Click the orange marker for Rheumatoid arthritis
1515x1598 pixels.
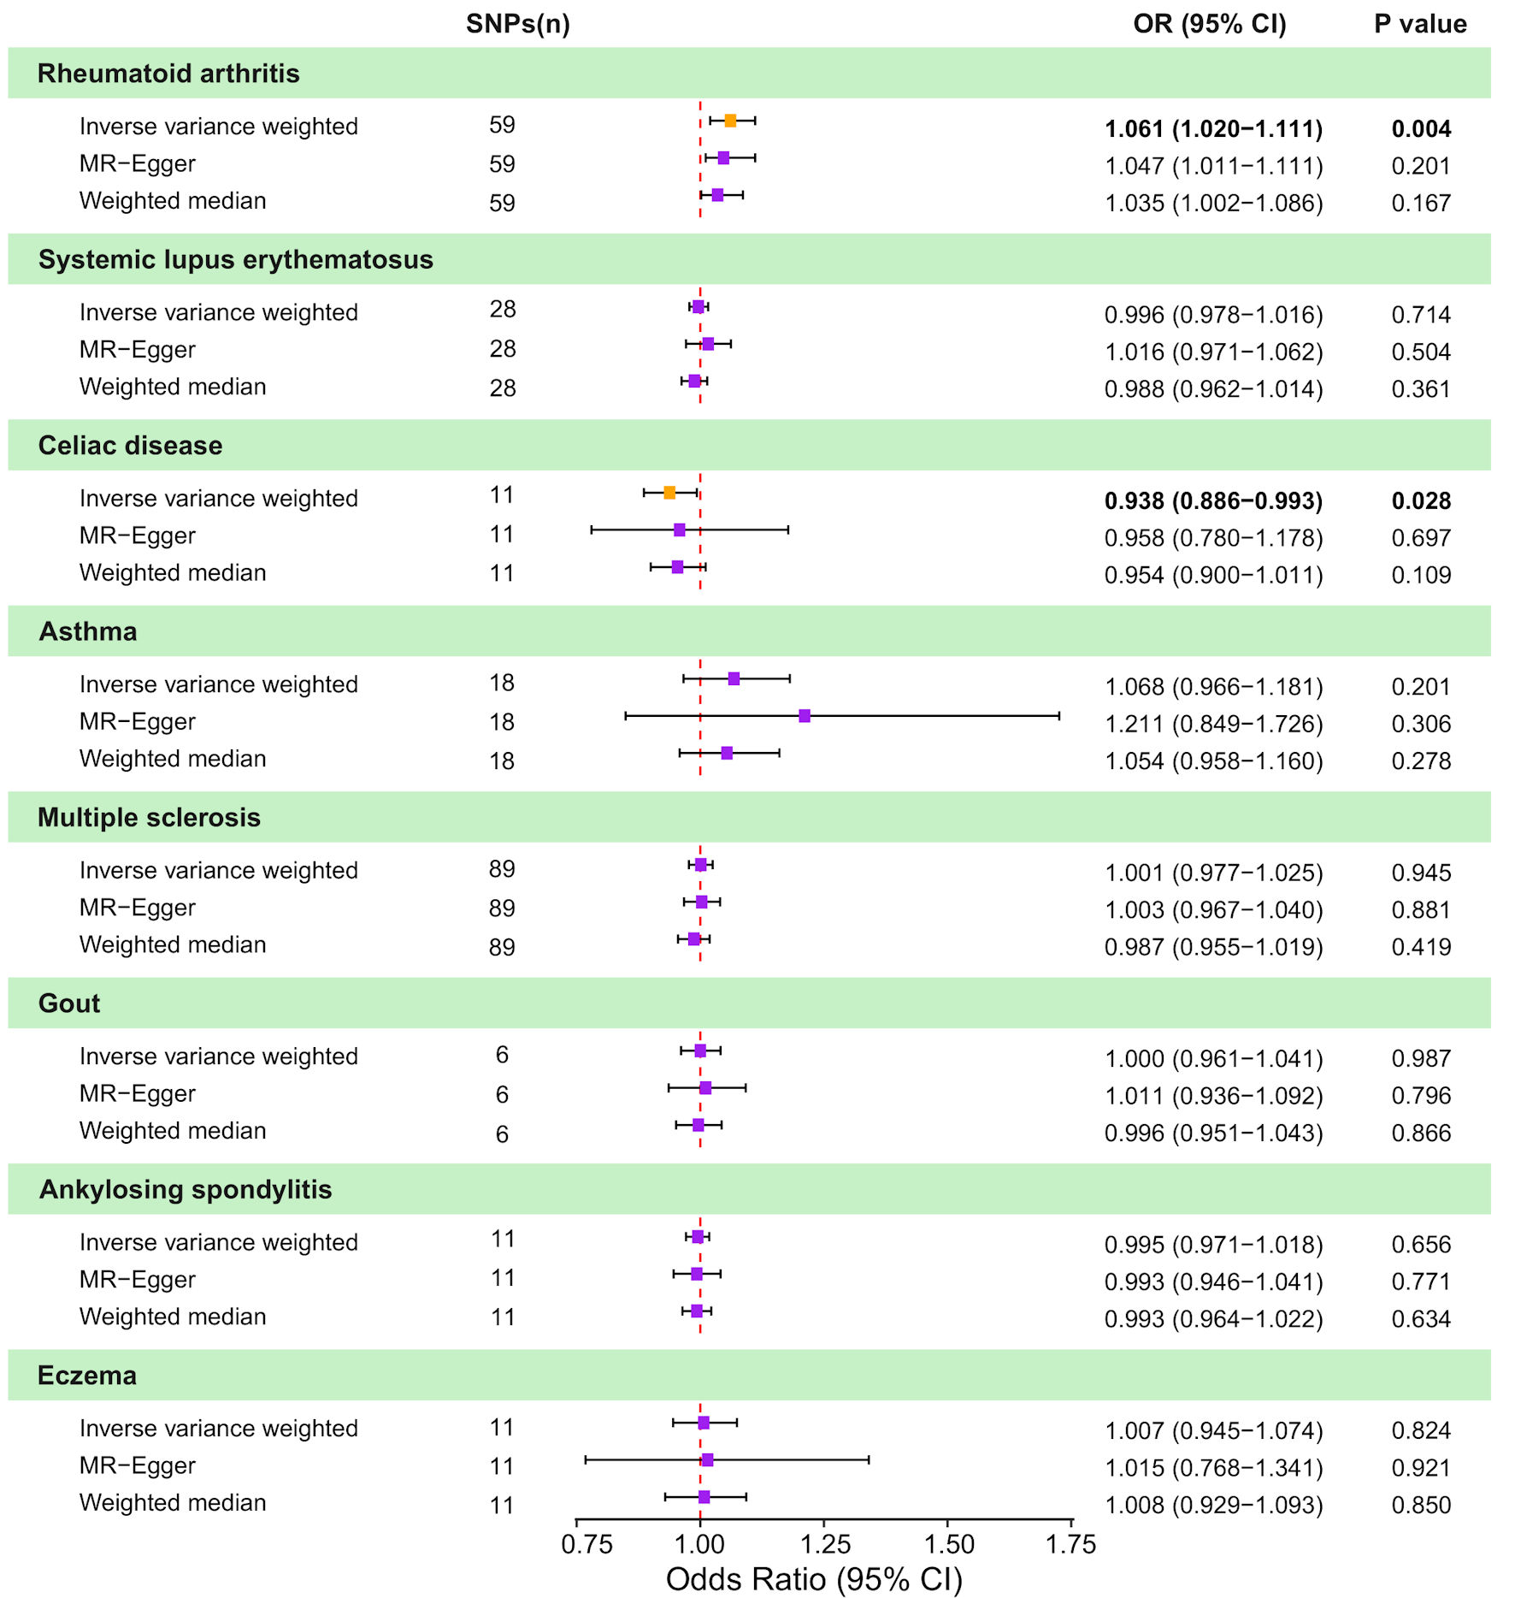730,121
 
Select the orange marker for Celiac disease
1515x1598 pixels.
669,493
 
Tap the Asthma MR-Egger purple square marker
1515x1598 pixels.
805,715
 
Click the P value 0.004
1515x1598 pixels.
1421,129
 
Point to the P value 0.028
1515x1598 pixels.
1421,501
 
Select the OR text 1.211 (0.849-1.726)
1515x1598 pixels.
1213,725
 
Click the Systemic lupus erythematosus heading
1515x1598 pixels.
236,259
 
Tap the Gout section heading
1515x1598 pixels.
69,1003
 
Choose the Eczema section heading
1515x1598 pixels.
87,1376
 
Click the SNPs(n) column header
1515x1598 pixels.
517,24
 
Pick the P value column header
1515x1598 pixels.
1420,24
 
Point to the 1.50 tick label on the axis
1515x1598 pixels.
949,1544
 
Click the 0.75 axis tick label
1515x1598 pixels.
587,1544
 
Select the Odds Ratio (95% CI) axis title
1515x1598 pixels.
814,1579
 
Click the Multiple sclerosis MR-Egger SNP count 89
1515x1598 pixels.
502,908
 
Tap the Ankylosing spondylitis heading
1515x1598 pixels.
186,1190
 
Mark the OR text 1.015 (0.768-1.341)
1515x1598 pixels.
1213,1468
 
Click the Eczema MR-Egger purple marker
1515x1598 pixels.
707,1459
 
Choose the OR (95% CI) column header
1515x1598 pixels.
1209,24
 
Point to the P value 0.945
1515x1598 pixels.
1421,873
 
